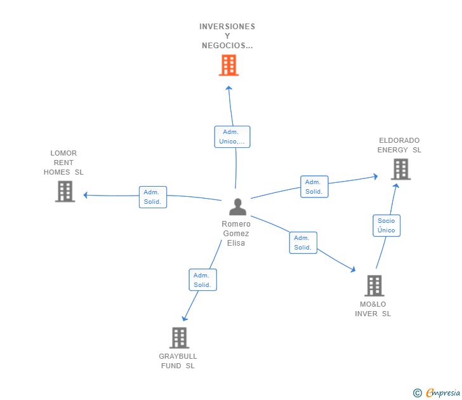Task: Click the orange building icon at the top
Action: [228, 65]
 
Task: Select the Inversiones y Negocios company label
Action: [227, 36]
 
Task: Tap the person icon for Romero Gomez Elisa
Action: [237, 207]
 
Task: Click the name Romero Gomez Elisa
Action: [236, 234]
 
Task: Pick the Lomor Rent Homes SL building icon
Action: [65, 191]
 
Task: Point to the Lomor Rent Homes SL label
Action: [63, 163]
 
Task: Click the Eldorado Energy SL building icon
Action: [400, 169]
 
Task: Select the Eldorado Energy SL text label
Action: [399, 145]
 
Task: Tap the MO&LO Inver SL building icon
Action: [374, 286]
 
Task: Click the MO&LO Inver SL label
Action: [373, 309]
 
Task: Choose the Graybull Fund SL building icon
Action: [180, 338]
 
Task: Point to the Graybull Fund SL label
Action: [178, 361]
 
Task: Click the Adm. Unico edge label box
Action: [232, 137]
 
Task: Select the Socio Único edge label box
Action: [386, 225]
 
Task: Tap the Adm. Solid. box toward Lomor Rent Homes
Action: [153, 197]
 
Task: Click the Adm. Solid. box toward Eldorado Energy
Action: [314, 187]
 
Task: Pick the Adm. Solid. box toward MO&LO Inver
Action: [303, 243]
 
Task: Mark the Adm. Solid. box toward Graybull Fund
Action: [202, 280]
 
